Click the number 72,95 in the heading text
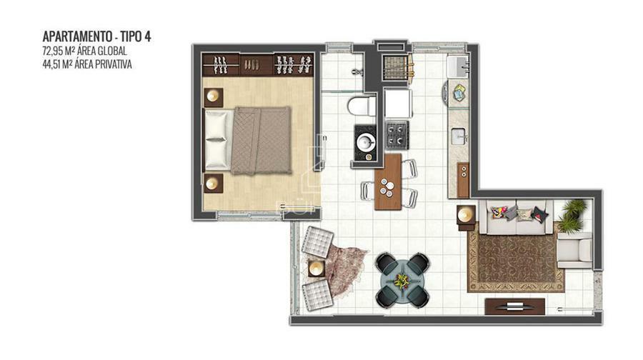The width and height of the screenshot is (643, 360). point(54,51)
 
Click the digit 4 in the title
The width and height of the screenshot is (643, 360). point(147,36)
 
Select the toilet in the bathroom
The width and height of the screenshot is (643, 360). point(362,106)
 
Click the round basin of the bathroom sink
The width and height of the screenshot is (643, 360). point(365,142)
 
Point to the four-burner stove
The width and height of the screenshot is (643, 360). point(397,135)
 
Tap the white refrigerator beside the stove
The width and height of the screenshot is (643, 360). point(398,104)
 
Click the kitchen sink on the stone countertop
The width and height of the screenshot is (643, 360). point(459,136)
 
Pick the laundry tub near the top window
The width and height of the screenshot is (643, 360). point(458,66)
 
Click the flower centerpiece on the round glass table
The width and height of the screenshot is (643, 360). point(401,281)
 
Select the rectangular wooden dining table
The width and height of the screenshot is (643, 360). point(388,181)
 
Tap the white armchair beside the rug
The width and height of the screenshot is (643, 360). point(574,250)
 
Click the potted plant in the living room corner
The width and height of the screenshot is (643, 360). point(572,214)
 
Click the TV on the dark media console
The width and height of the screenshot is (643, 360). point(515,306)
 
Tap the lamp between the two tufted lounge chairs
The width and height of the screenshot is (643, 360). point(316,269)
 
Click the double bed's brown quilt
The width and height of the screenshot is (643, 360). point(261,141)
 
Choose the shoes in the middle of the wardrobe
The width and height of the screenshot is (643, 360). point(251,65)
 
